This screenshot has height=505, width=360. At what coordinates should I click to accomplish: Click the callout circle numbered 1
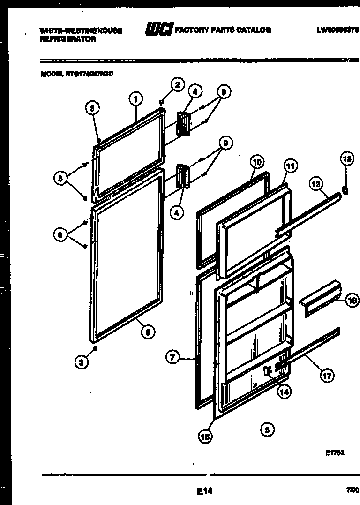click(135, 98)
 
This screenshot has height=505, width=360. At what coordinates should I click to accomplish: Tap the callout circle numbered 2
click(176, 85)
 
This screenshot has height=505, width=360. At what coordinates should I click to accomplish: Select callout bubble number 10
click(257, 162)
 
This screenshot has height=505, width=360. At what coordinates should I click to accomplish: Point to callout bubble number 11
click(290, 166)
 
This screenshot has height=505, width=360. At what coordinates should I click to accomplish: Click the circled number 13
click(346, 160)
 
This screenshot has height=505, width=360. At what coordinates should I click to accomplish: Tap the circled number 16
click(352, 301)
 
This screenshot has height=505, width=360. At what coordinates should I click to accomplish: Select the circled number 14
click(284, 392)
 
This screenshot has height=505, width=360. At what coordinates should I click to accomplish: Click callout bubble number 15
click(205, 436)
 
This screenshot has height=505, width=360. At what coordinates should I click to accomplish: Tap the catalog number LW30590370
click(337, 30)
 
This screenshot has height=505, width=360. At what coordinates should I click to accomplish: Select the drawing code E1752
click(335, 453)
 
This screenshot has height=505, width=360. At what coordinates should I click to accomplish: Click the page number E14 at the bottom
click(205, 491)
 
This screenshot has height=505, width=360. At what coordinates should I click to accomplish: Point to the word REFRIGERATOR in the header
click(68, 40)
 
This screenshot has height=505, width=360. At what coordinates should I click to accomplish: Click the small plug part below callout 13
click(345, 190)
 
